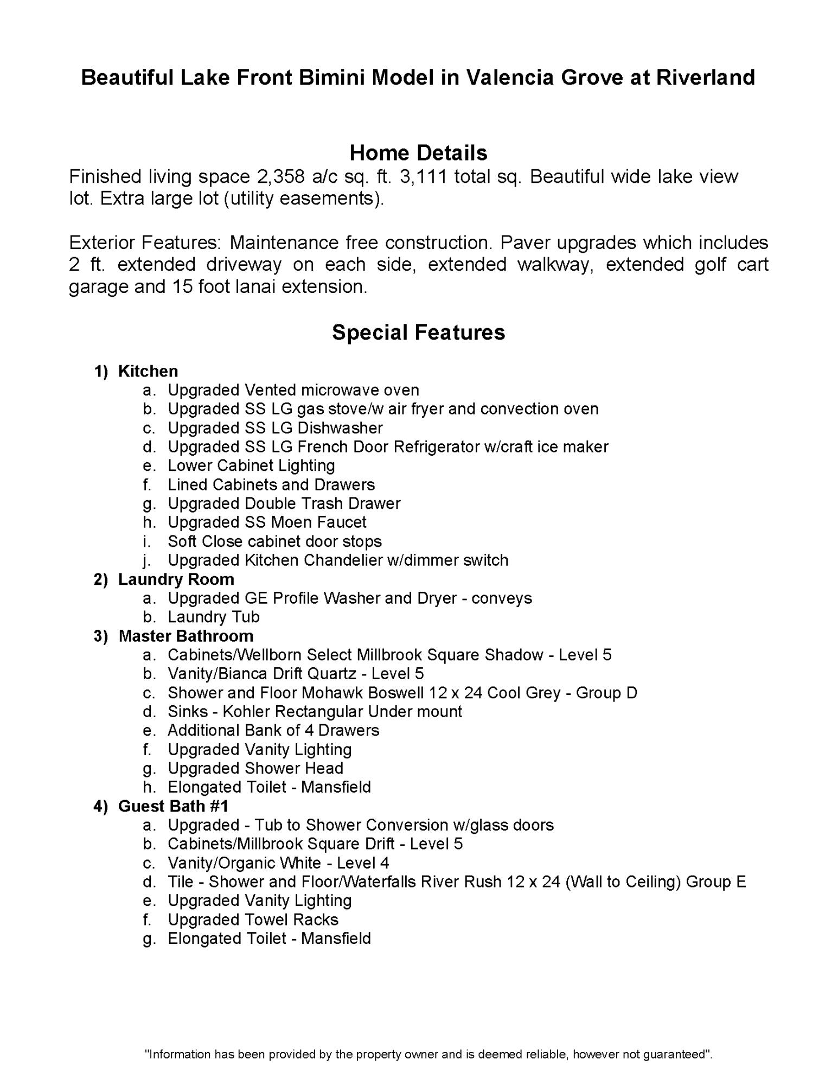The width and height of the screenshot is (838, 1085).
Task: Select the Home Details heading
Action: coord(418,153)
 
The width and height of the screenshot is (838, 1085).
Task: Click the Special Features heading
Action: coord(418,332)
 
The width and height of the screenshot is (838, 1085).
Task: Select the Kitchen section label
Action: coord(148,371)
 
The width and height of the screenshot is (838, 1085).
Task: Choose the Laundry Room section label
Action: coord(176,579)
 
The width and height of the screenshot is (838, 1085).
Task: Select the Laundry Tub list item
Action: coord(214,617)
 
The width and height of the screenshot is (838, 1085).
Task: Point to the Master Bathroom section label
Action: coord(186,636)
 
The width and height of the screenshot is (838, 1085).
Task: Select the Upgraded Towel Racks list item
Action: coord(253,920)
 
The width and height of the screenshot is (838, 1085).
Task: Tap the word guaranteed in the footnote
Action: coord(677,1055)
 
